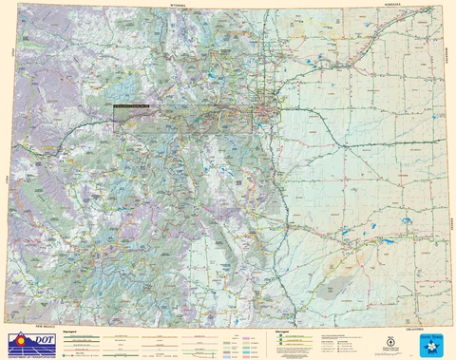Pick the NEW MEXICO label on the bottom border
click(x=46, y=325)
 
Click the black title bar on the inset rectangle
click(x=131, y=105)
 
